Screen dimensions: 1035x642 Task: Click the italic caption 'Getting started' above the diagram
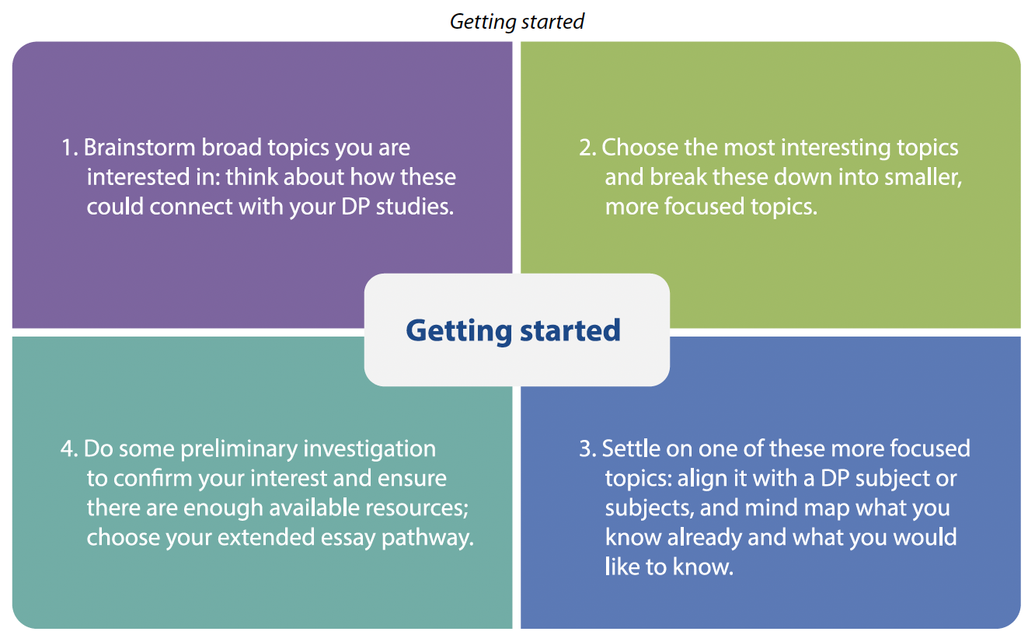point(517,22)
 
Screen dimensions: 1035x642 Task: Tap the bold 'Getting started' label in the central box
point(513,331)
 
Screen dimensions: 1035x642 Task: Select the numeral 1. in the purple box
point(69,148)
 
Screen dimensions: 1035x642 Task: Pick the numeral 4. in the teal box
point(69,448)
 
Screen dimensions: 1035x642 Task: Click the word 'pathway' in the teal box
point(425,539)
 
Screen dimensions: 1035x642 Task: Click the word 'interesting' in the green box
point(835,148)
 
